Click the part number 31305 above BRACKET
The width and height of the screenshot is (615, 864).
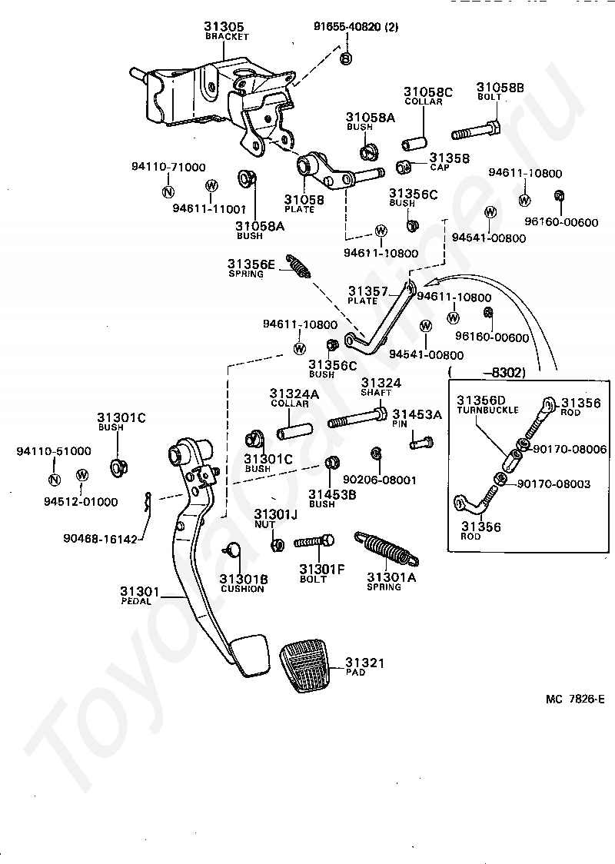click(224, 26)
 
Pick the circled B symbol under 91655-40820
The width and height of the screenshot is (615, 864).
click(345, 58)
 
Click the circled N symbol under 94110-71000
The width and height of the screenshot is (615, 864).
click(168, 191)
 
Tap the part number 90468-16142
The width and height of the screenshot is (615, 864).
click(100, 540)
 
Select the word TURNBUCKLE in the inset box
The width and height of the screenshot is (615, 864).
click(487, 410)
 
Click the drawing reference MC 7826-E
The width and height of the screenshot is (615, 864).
click(575, 700)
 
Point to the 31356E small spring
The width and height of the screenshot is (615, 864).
click(298, 266)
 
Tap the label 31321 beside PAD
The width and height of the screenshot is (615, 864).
click(364, 663)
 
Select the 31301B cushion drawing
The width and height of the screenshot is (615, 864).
click(233, 549)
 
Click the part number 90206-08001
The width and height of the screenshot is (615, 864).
click(380, 480)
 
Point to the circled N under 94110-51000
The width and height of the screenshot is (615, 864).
click(54, 479)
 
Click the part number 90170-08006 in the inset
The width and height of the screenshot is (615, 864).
click(570, 449)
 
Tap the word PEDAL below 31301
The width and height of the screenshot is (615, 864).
click(136, 601)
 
